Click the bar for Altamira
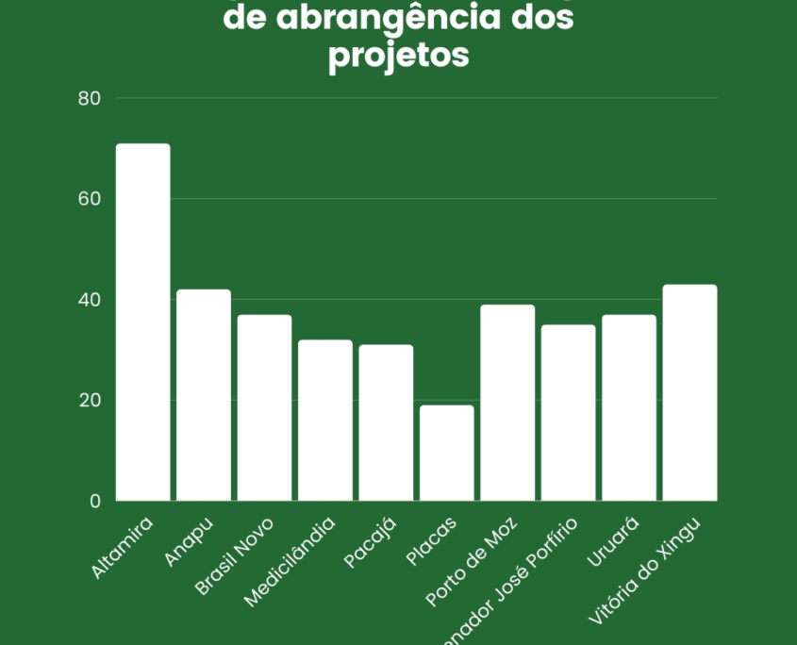143,322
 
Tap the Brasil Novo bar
264,407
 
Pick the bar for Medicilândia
325,420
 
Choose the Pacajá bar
386,422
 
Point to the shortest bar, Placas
446,453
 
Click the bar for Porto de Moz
507,403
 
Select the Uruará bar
629,407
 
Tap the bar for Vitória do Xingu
689,392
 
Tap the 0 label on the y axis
95,501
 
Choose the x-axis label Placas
432,542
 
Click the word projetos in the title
398,55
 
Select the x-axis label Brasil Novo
235,556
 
